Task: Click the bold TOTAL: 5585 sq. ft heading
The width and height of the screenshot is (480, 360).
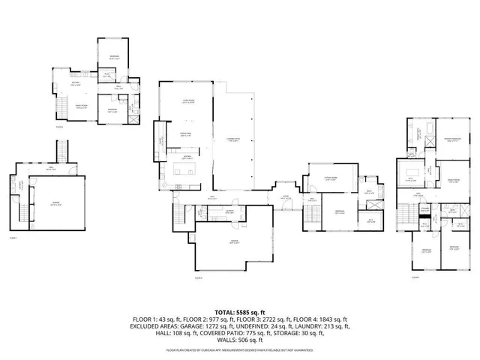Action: [x=240, y=311]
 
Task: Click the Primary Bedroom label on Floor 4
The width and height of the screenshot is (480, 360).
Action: [x=451, y=140]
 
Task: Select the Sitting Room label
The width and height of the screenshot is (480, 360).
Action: [x=330, y=178]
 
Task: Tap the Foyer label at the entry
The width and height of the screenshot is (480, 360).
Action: [x=285, y=198]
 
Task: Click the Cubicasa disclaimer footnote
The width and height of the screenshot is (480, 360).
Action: [x=240, y=349]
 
